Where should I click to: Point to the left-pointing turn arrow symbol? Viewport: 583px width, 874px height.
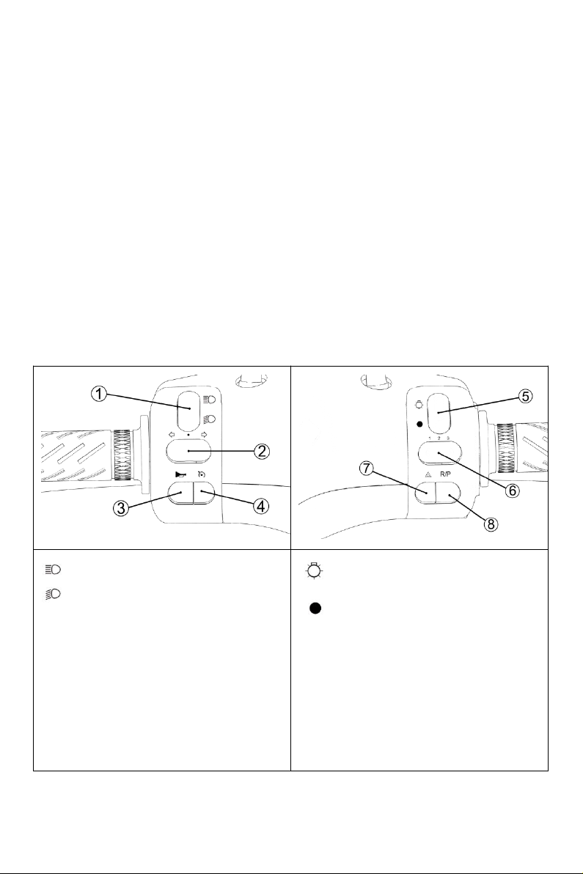point(169,433)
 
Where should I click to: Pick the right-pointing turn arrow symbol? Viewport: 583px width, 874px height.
point(203,433)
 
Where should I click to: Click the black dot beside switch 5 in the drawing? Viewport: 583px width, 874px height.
point(418,424)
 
